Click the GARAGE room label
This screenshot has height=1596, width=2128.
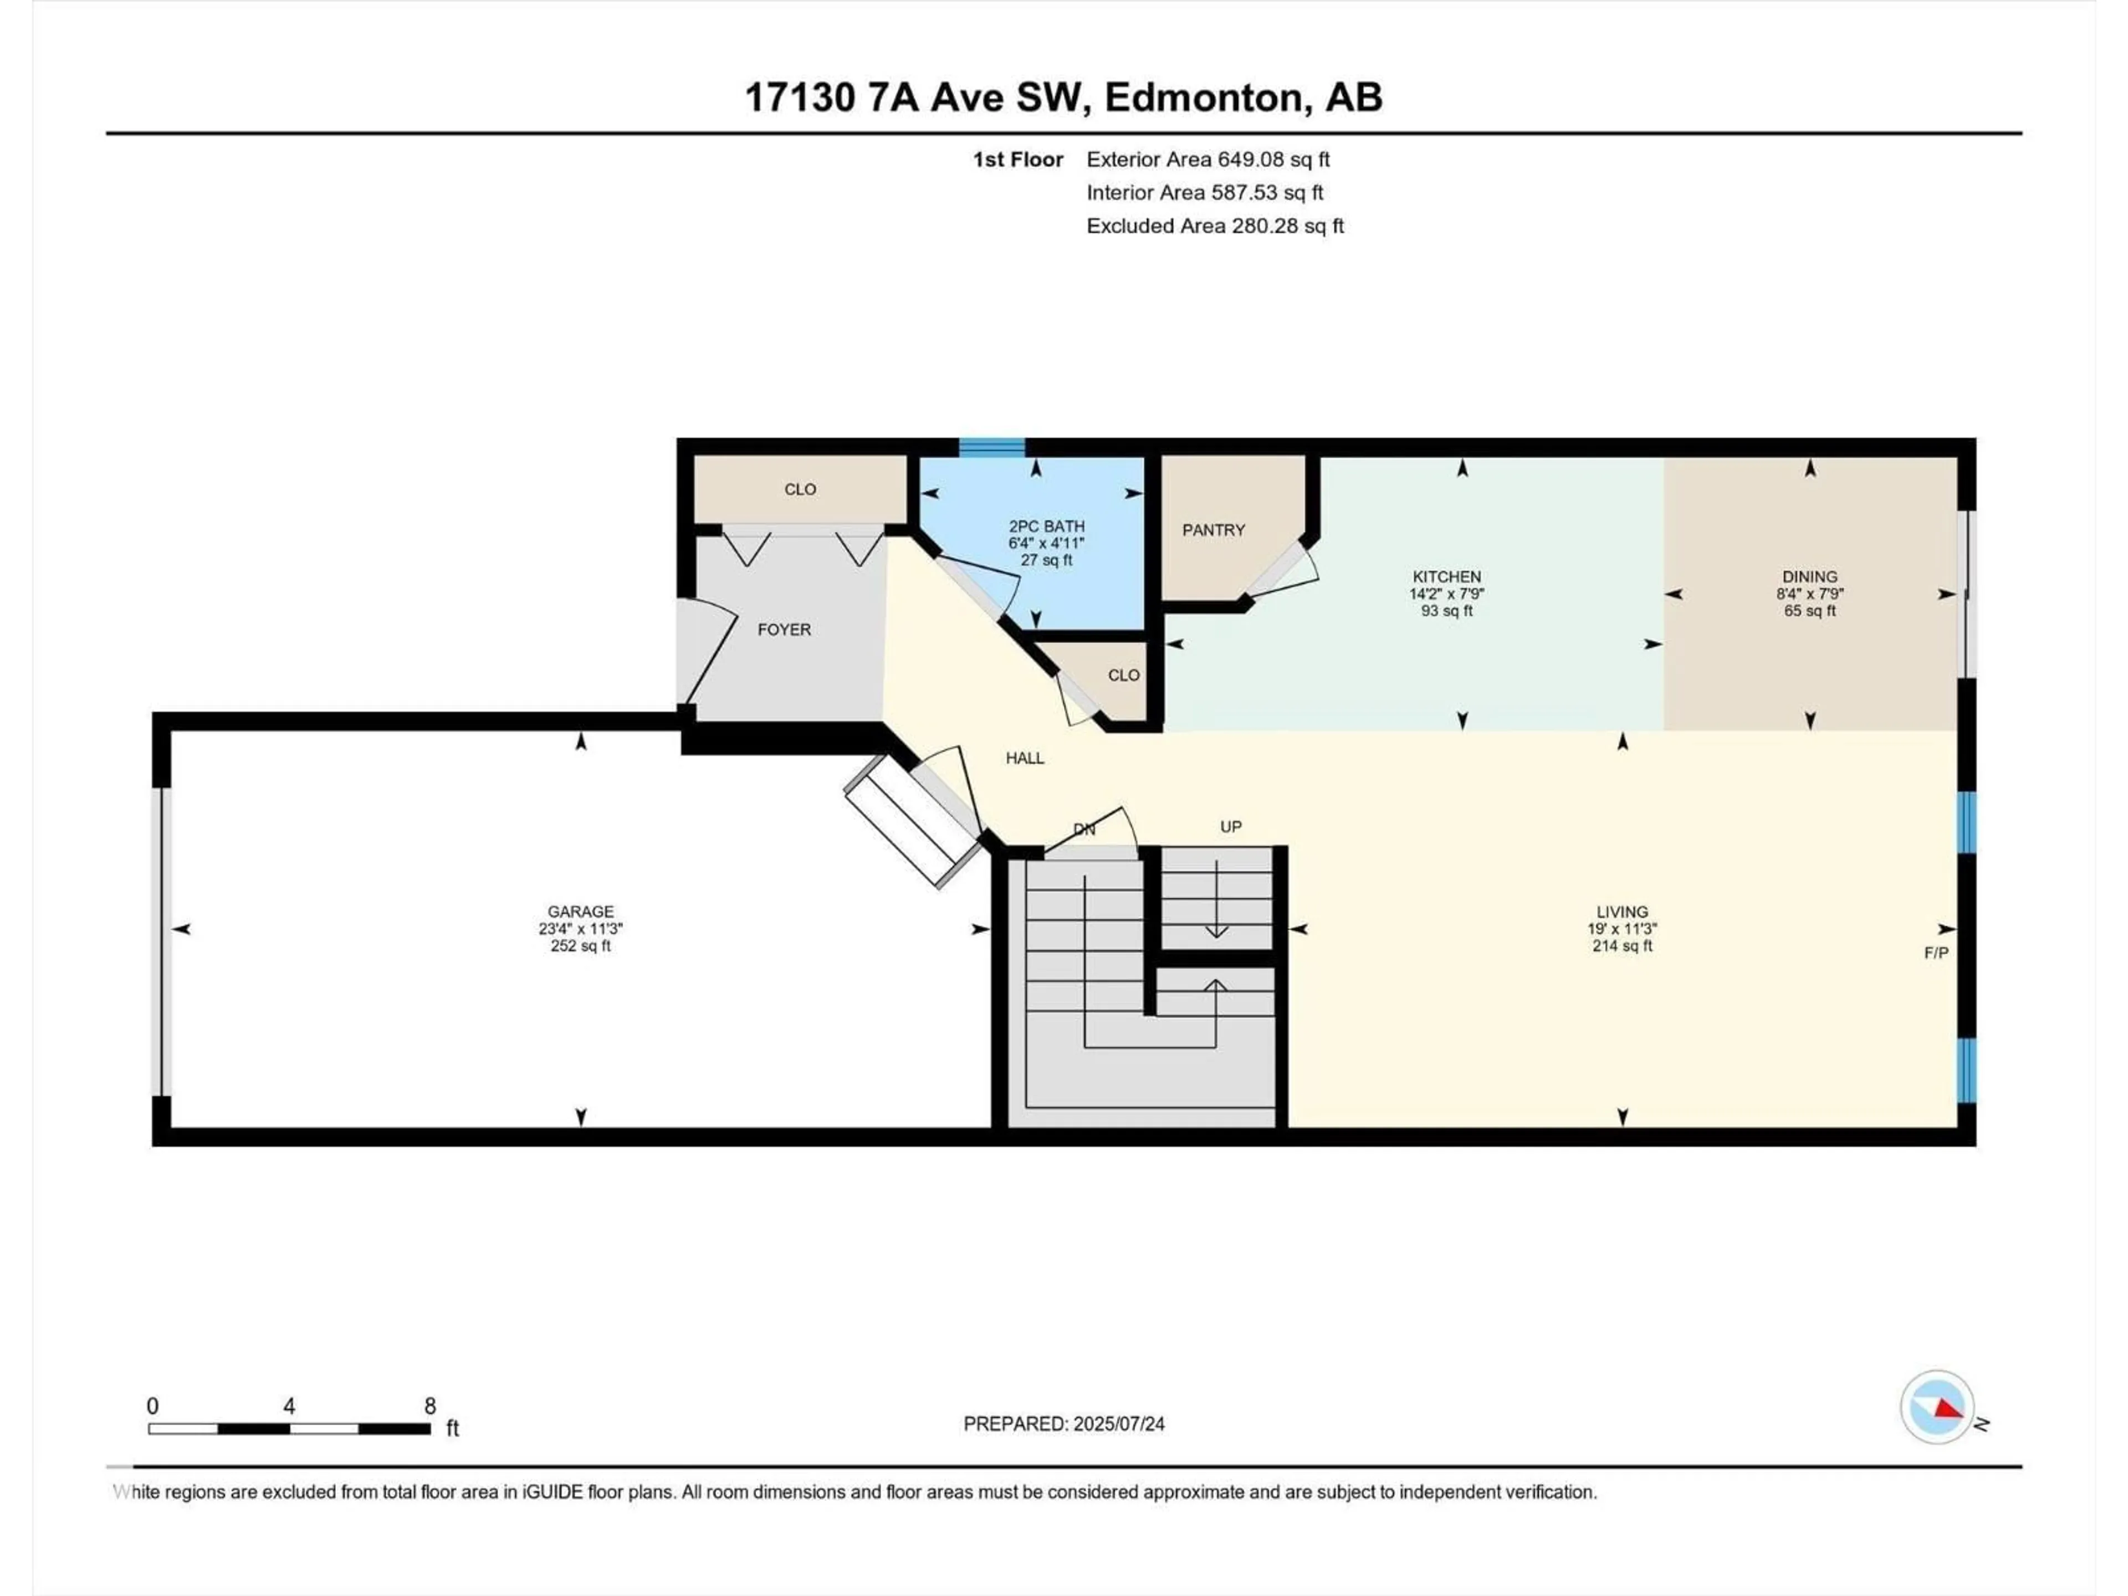[x=580, y=911]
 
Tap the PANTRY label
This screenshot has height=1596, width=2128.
[x=1213, y=530]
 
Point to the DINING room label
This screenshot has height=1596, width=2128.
[x=1809, y=577]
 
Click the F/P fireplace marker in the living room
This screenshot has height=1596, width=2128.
[x=1936, y=953]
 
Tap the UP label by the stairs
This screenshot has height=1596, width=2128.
[x=1230, y=826]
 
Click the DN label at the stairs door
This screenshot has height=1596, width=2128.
[x=1084, y=829]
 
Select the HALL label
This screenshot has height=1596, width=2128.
[x=1025, y=758]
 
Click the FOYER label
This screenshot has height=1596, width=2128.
[x=784, y=629]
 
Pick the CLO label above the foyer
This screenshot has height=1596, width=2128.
[x=800, y=490]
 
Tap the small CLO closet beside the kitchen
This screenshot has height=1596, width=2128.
[x=1123, y=676]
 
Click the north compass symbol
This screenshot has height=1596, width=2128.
[x=1937, y=1408]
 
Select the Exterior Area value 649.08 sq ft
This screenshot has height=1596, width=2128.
[x=1273, y=160]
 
